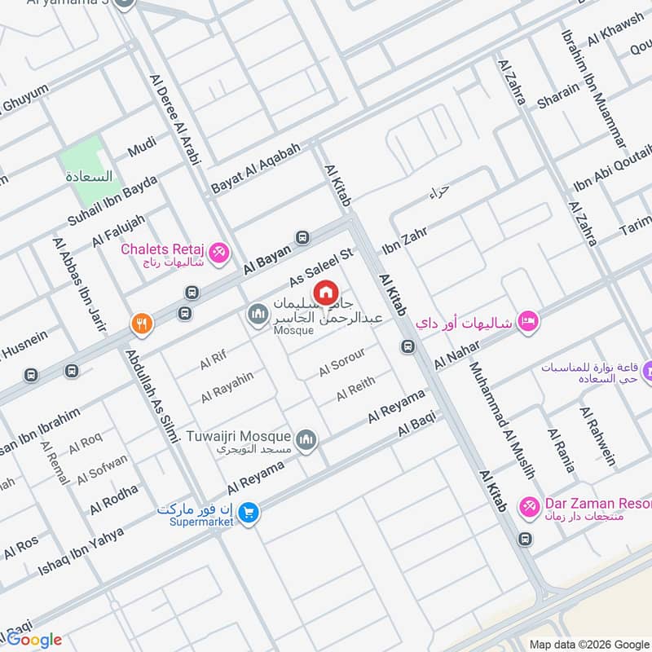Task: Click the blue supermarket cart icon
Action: click(x=249, y=513)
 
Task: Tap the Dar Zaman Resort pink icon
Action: click(x=530, y=507)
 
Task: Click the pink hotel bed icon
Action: click(x=526, y=321)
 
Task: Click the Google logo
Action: click(x=34, y=639)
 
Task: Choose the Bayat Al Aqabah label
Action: click(x=256, y=167)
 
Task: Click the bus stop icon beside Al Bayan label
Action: click(x=303, y=237)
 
